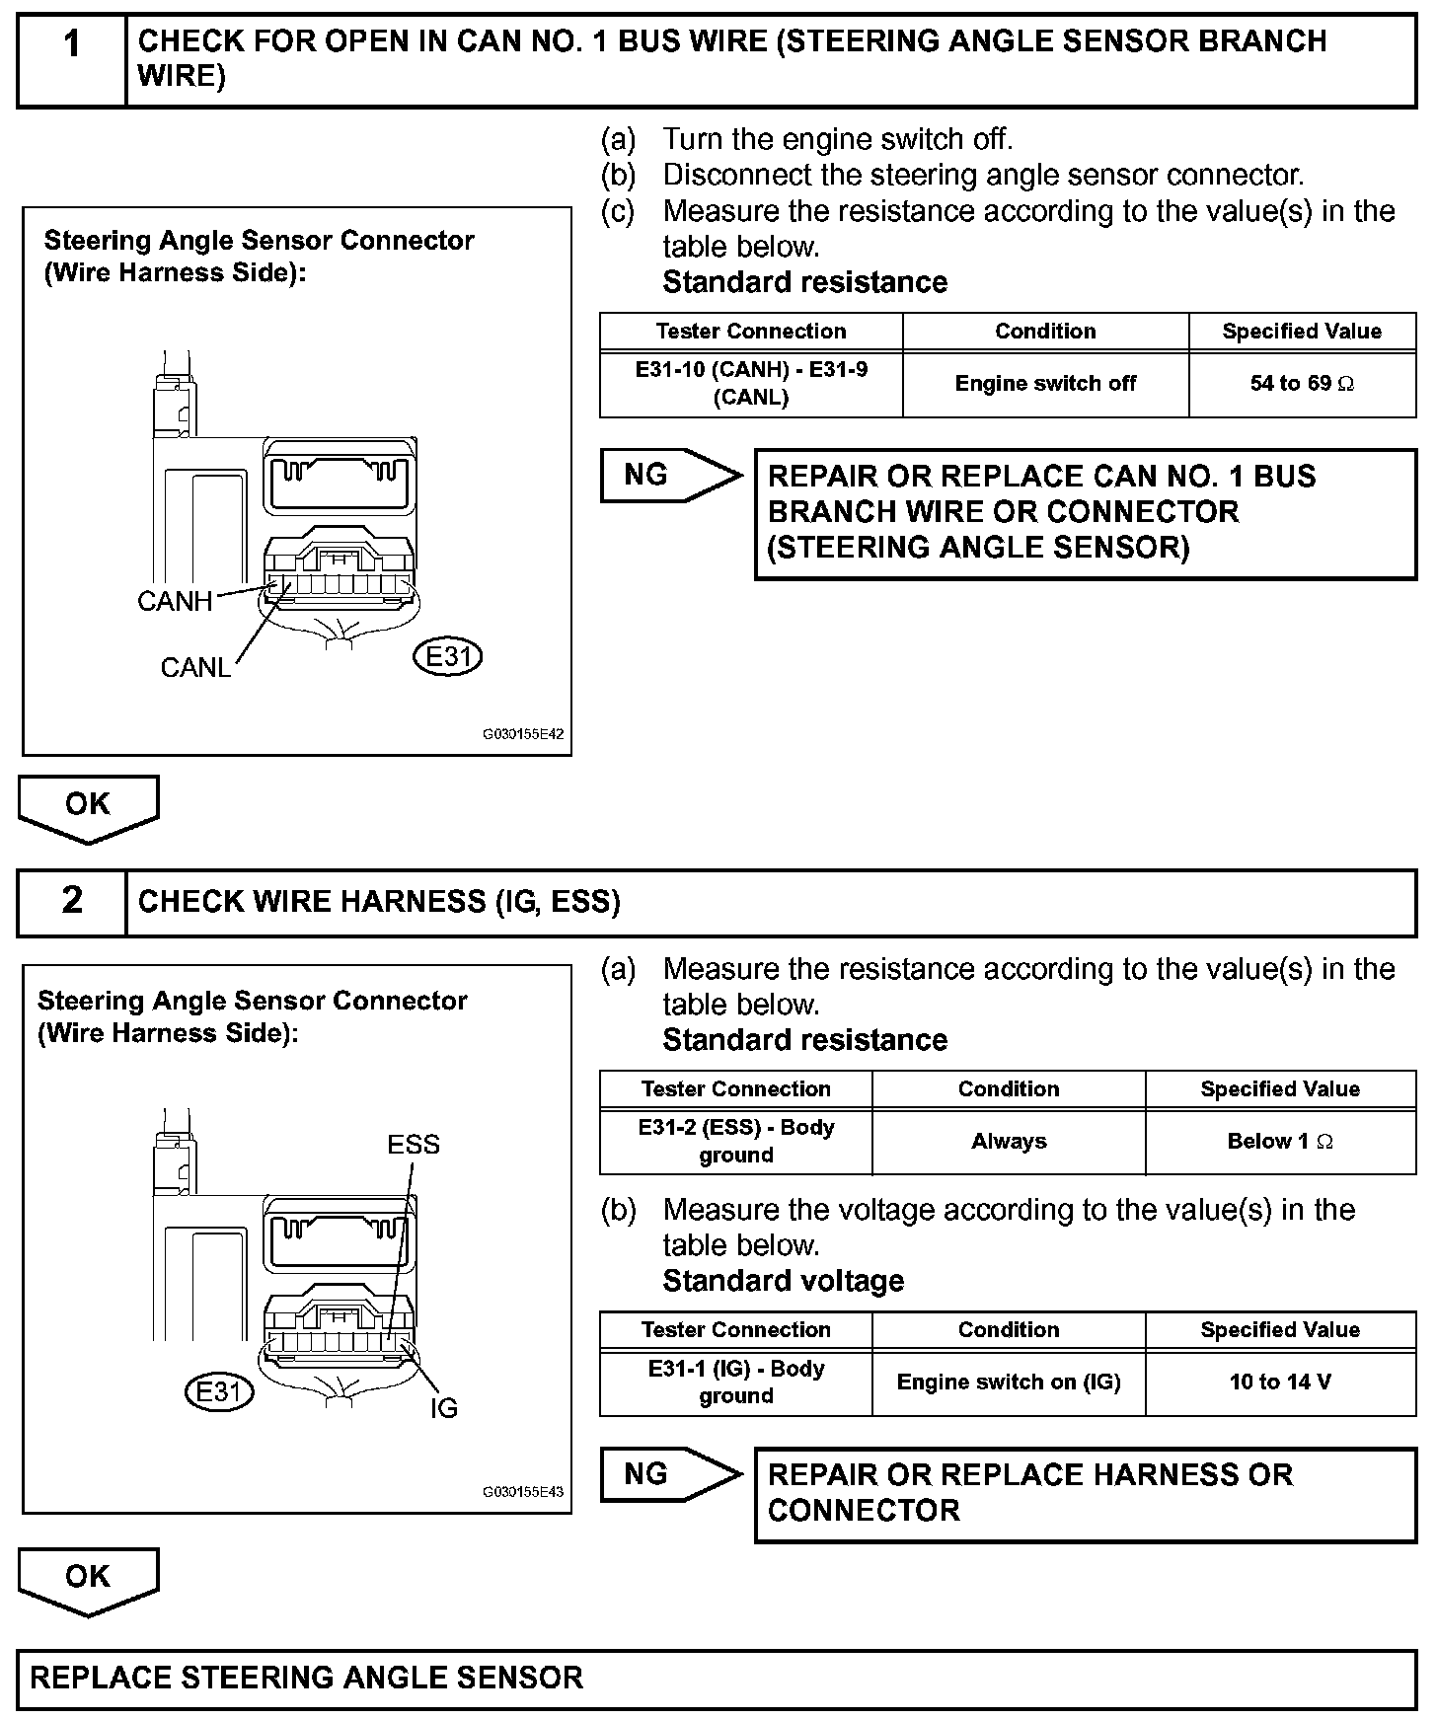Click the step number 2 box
click(72, 901)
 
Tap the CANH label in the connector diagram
click(175, 601)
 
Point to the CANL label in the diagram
click(195, 668)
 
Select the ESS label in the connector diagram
click(414, 1145)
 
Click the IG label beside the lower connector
click(444, 1408)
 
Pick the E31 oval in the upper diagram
click(448, 656)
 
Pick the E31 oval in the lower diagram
click(219, 1391)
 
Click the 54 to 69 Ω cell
click(1302, 384)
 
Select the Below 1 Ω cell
click(1280, 1142)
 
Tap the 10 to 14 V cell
click(1280, 1382)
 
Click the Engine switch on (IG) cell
click(1009, 1382)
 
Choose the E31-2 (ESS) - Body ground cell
click(736, 1142)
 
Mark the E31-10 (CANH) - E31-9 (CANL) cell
click(751, 384)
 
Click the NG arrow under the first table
click(666, 476)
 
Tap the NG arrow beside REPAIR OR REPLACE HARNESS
click(666, 1474)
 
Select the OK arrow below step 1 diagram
click(88, 806)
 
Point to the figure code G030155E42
click(523, 735)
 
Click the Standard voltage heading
click(784, 1281)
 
